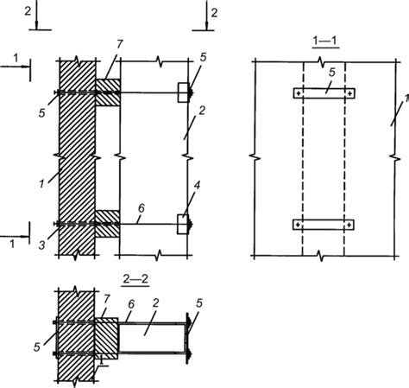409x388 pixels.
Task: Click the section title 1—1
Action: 325,41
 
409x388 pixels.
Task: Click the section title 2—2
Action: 135,279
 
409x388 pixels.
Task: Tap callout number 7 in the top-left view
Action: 119,44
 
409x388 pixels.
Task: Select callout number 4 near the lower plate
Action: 197,186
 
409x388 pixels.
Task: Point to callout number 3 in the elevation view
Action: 42,245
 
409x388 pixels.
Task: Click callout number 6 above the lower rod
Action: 142,208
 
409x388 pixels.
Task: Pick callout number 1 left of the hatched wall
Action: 41,184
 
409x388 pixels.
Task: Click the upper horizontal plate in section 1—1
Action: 324,93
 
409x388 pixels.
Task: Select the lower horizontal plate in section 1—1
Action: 324,225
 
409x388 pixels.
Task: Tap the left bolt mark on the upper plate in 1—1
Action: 299,93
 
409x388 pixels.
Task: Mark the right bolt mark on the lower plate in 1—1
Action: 349,225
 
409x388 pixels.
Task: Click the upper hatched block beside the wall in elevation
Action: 108,92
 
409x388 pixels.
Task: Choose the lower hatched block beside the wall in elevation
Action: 107,224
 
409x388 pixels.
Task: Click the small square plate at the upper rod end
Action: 183,92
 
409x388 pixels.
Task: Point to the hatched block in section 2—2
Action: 106,339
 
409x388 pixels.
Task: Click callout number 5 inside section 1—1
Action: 332,73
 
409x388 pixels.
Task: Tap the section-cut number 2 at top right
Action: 214,13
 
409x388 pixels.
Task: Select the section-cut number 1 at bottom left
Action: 12,245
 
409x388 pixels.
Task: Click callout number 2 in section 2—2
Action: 156,303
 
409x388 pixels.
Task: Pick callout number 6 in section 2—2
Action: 131,304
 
